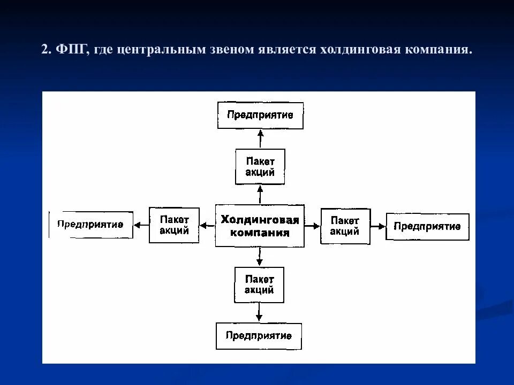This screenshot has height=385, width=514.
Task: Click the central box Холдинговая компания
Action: [260, 226]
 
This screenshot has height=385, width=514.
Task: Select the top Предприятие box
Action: [260, 115]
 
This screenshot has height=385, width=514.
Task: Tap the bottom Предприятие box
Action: [259, 336]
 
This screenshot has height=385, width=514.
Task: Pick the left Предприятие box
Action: [91, 225]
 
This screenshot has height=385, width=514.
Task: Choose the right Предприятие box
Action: [427, 226]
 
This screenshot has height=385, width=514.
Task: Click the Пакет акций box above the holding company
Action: [260, 167]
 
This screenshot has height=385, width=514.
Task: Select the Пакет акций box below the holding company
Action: [259, 284]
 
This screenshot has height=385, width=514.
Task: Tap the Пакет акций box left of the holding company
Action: [174, 225]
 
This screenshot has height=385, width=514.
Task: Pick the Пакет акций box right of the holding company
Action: [345, 226]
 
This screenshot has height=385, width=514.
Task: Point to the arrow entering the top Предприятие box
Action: [260, 138]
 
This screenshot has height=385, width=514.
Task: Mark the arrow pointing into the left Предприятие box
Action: [141, 225]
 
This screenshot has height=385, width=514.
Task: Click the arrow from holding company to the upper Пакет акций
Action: [260, 194]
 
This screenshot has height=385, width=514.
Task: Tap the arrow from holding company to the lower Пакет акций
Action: [259, 257]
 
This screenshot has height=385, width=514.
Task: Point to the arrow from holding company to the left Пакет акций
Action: [207, 226]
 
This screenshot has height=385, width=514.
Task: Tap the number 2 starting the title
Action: [46, 50]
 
